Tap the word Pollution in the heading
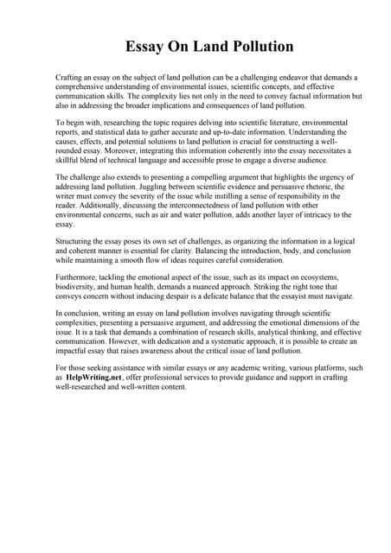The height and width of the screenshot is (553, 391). pos(257,46)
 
